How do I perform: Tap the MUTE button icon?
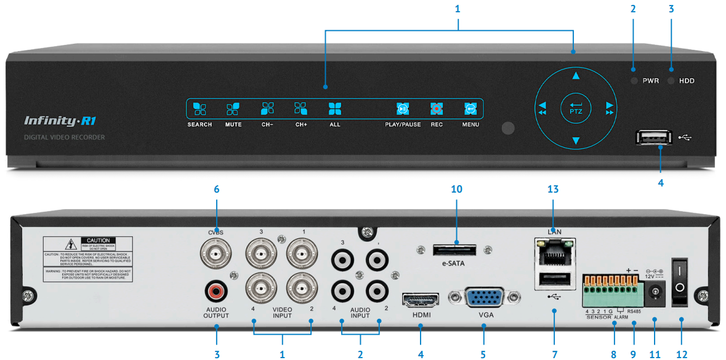point(233,109)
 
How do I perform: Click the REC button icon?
point(437,109)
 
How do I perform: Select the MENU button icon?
point(470,109)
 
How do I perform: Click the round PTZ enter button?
point(576,109)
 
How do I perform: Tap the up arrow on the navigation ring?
point(576,76)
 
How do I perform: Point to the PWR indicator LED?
point(634,81)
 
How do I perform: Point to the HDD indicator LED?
point(671,81)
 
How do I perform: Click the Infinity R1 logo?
point(58,121)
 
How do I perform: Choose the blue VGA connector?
point(484,300)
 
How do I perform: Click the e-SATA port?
point(456,250)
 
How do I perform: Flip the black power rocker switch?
point(680,281)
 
